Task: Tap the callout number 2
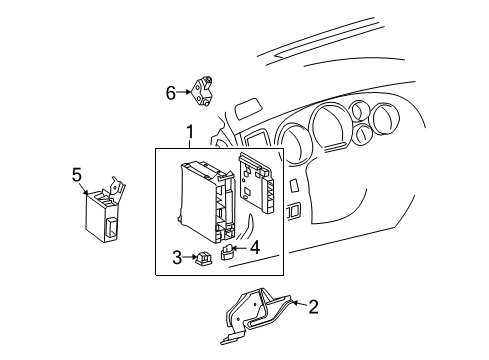point(313,307)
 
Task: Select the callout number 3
point(178,257)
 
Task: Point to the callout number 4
point(255,246)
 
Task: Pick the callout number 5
point(77,175)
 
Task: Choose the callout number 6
point(170,93)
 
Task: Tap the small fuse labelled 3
point(203,258)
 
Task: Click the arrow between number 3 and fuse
point(189,258)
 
